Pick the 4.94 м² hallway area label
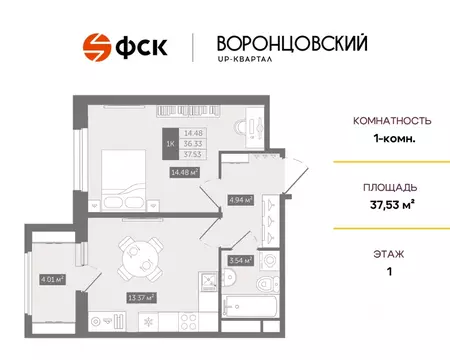(x=239, y=198)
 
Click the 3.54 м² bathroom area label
(x=240, y=261)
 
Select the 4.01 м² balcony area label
(x=51, y=279)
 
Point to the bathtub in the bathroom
(x=250, y=310)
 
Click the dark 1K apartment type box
(x=169, y=142)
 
